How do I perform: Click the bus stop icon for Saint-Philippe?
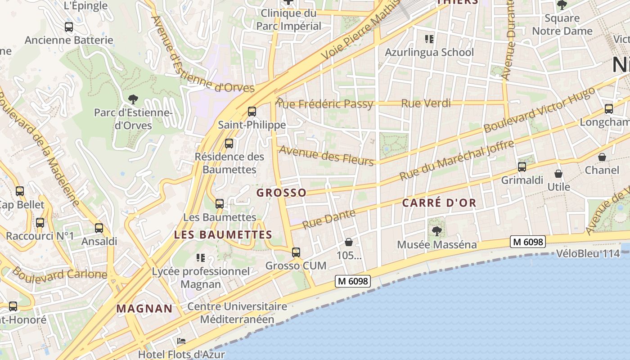coord(252,111)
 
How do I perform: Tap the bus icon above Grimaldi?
coord(522,167)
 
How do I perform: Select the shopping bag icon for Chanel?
coord(602,157)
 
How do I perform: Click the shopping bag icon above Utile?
coord(558,174)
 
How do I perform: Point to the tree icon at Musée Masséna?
coord(436,231)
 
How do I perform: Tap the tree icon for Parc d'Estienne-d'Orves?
coord(133,99)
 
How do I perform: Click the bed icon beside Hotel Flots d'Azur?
coord(181,341)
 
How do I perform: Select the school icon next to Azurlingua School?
coord(429,39)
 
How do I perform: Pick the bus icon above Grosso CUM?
coord(296,252)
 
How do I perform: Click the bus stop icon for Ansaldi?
coord(99,228)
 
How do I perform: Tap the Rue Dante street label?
coord(328,219)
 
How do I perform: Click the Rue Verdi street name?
coord(426,103)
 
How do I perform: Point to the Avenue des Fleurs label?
coord(327,155)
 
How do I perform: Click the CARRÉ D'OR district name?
coord(439,203)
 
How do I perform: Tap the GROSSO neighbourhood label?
coord(281,193)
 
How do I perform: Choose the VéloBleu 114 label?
coord(588,253)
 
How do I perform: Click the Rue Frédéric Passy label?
coord(325,104)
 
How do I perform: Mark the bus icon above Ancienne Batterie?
coord(69,27)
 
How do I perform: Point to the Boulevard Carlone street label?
coord(59,273)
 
